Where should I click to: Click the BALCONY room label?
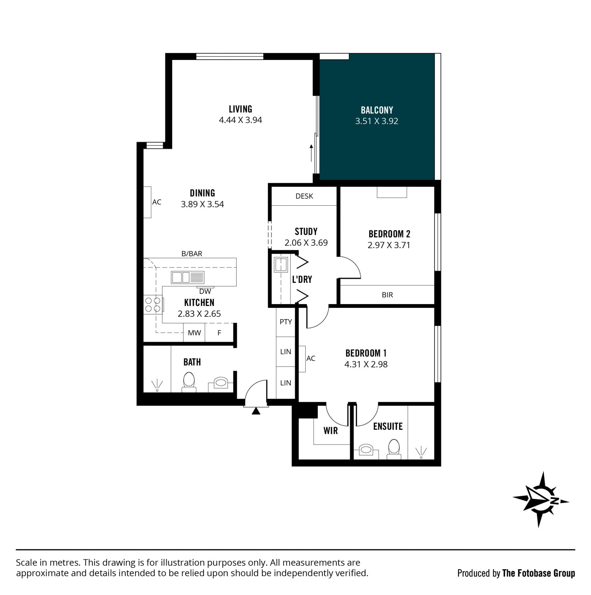click(x=377, y=110)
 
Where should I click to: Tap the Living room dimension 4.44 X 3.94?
click(x=240, y=120)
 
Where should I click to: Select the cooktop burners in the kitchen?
click(x=153, y=304)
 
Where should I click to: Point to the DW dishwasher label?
click(x=205, y=291)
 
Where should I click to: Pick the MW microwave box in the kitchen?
click(x=194, y=332)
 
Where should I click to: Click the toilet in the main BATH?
click(x=189, y=382)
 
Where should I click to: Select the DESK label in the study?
click(x=304, y=196)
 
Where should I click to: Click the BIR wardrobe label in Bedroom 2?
click(x=387, y=295)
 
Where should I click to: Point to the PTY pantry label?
click(x=285, y=322)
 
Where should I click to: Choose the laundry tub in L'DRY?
click(x=281, y=264)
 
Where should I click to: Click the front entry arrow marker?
click(x=256, y=411)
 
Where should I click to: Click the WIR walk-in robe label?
click(x=331, y=431)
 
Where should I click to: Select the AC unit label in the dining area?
click(x=157, y=202)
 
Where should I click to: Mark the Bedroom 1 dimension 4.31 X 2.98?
click(x=366, y=364)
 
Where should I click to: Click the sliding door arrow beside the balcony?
click(x=311, y=153)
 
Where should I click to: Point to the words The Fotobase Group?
click(x=539, y=573)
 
